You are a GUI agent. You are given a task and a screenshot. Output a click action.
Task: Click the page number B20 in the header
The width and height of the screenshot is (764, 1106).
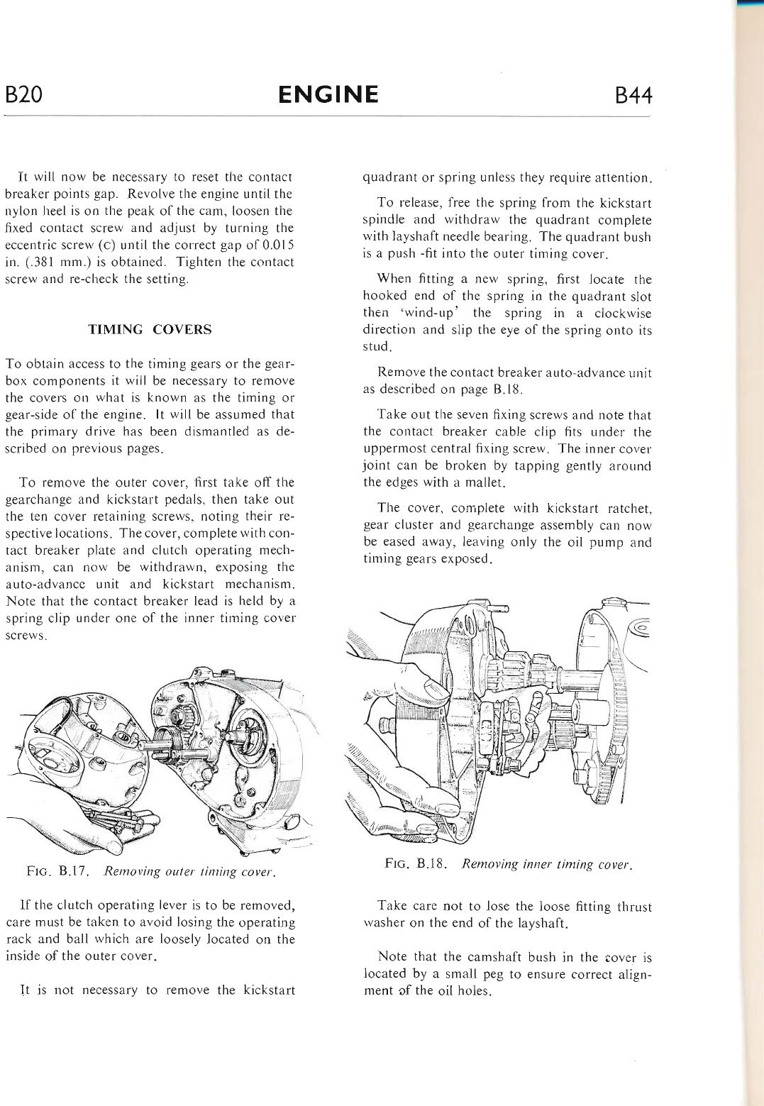tap(23, 94)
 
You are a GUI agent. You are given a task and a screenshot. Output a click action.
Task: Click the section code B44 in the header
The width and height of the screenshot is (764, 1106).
tap(633, 96)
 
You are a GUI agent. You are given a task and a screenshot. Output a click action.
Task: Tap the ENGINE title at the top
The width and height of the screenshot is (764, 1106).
tap(328, 94)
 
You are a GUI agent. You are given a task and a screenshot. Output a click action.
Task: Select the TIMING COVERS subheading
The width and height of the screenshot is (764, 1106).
tap(150, 329)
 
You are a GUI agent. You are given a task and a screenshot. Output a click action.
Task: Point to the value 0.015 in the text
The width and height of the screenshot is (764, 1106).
tap(276, 245)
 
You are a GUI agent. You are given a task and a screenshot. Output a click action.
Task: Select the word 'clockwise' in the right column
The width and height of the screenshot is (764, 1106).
tap(623, 313)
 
